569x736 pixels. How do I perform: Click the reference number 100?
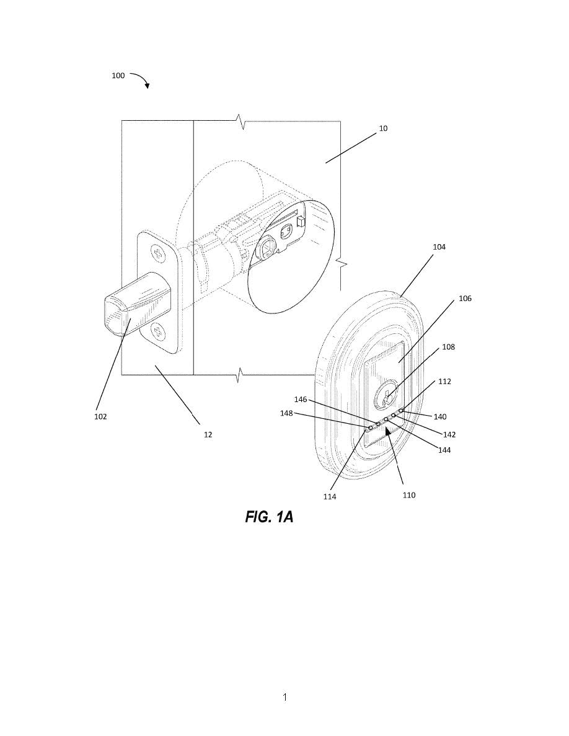(118, 76)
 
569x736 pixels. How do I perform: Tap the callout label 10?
(383, 128)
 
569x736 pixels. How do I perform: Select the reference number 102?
(100, 416)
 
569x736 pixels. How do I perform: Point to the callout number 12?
(208, 435)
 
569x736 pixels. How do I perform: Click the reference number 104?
(439, 247)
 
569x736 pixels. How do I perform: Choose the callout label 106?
(465, 299)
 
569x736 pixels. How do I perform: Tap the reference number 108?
(448, 347)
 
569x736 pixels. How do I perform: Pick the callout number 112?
(444, 382)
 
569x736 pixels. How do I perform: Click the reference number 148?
(286, 413)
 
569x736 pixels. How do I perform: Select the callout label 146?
(301, 400)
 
